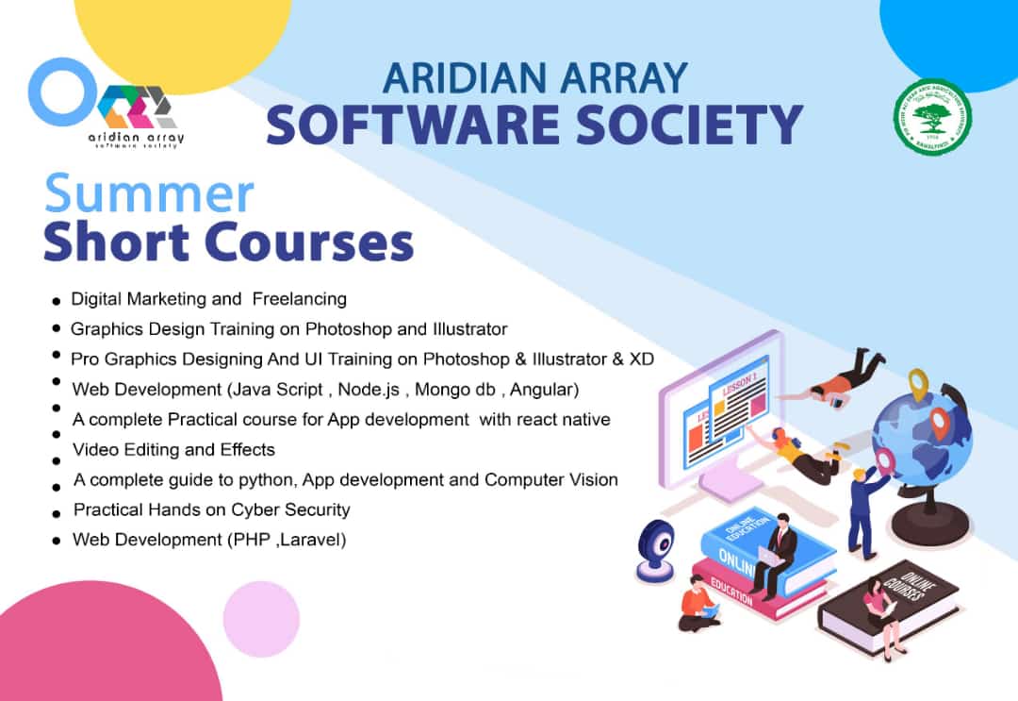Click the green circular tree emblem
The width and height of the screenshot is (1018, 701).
(x=932, y=118)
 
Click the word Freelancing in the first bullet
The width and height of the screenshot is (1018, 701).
(x=300, y=299)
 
